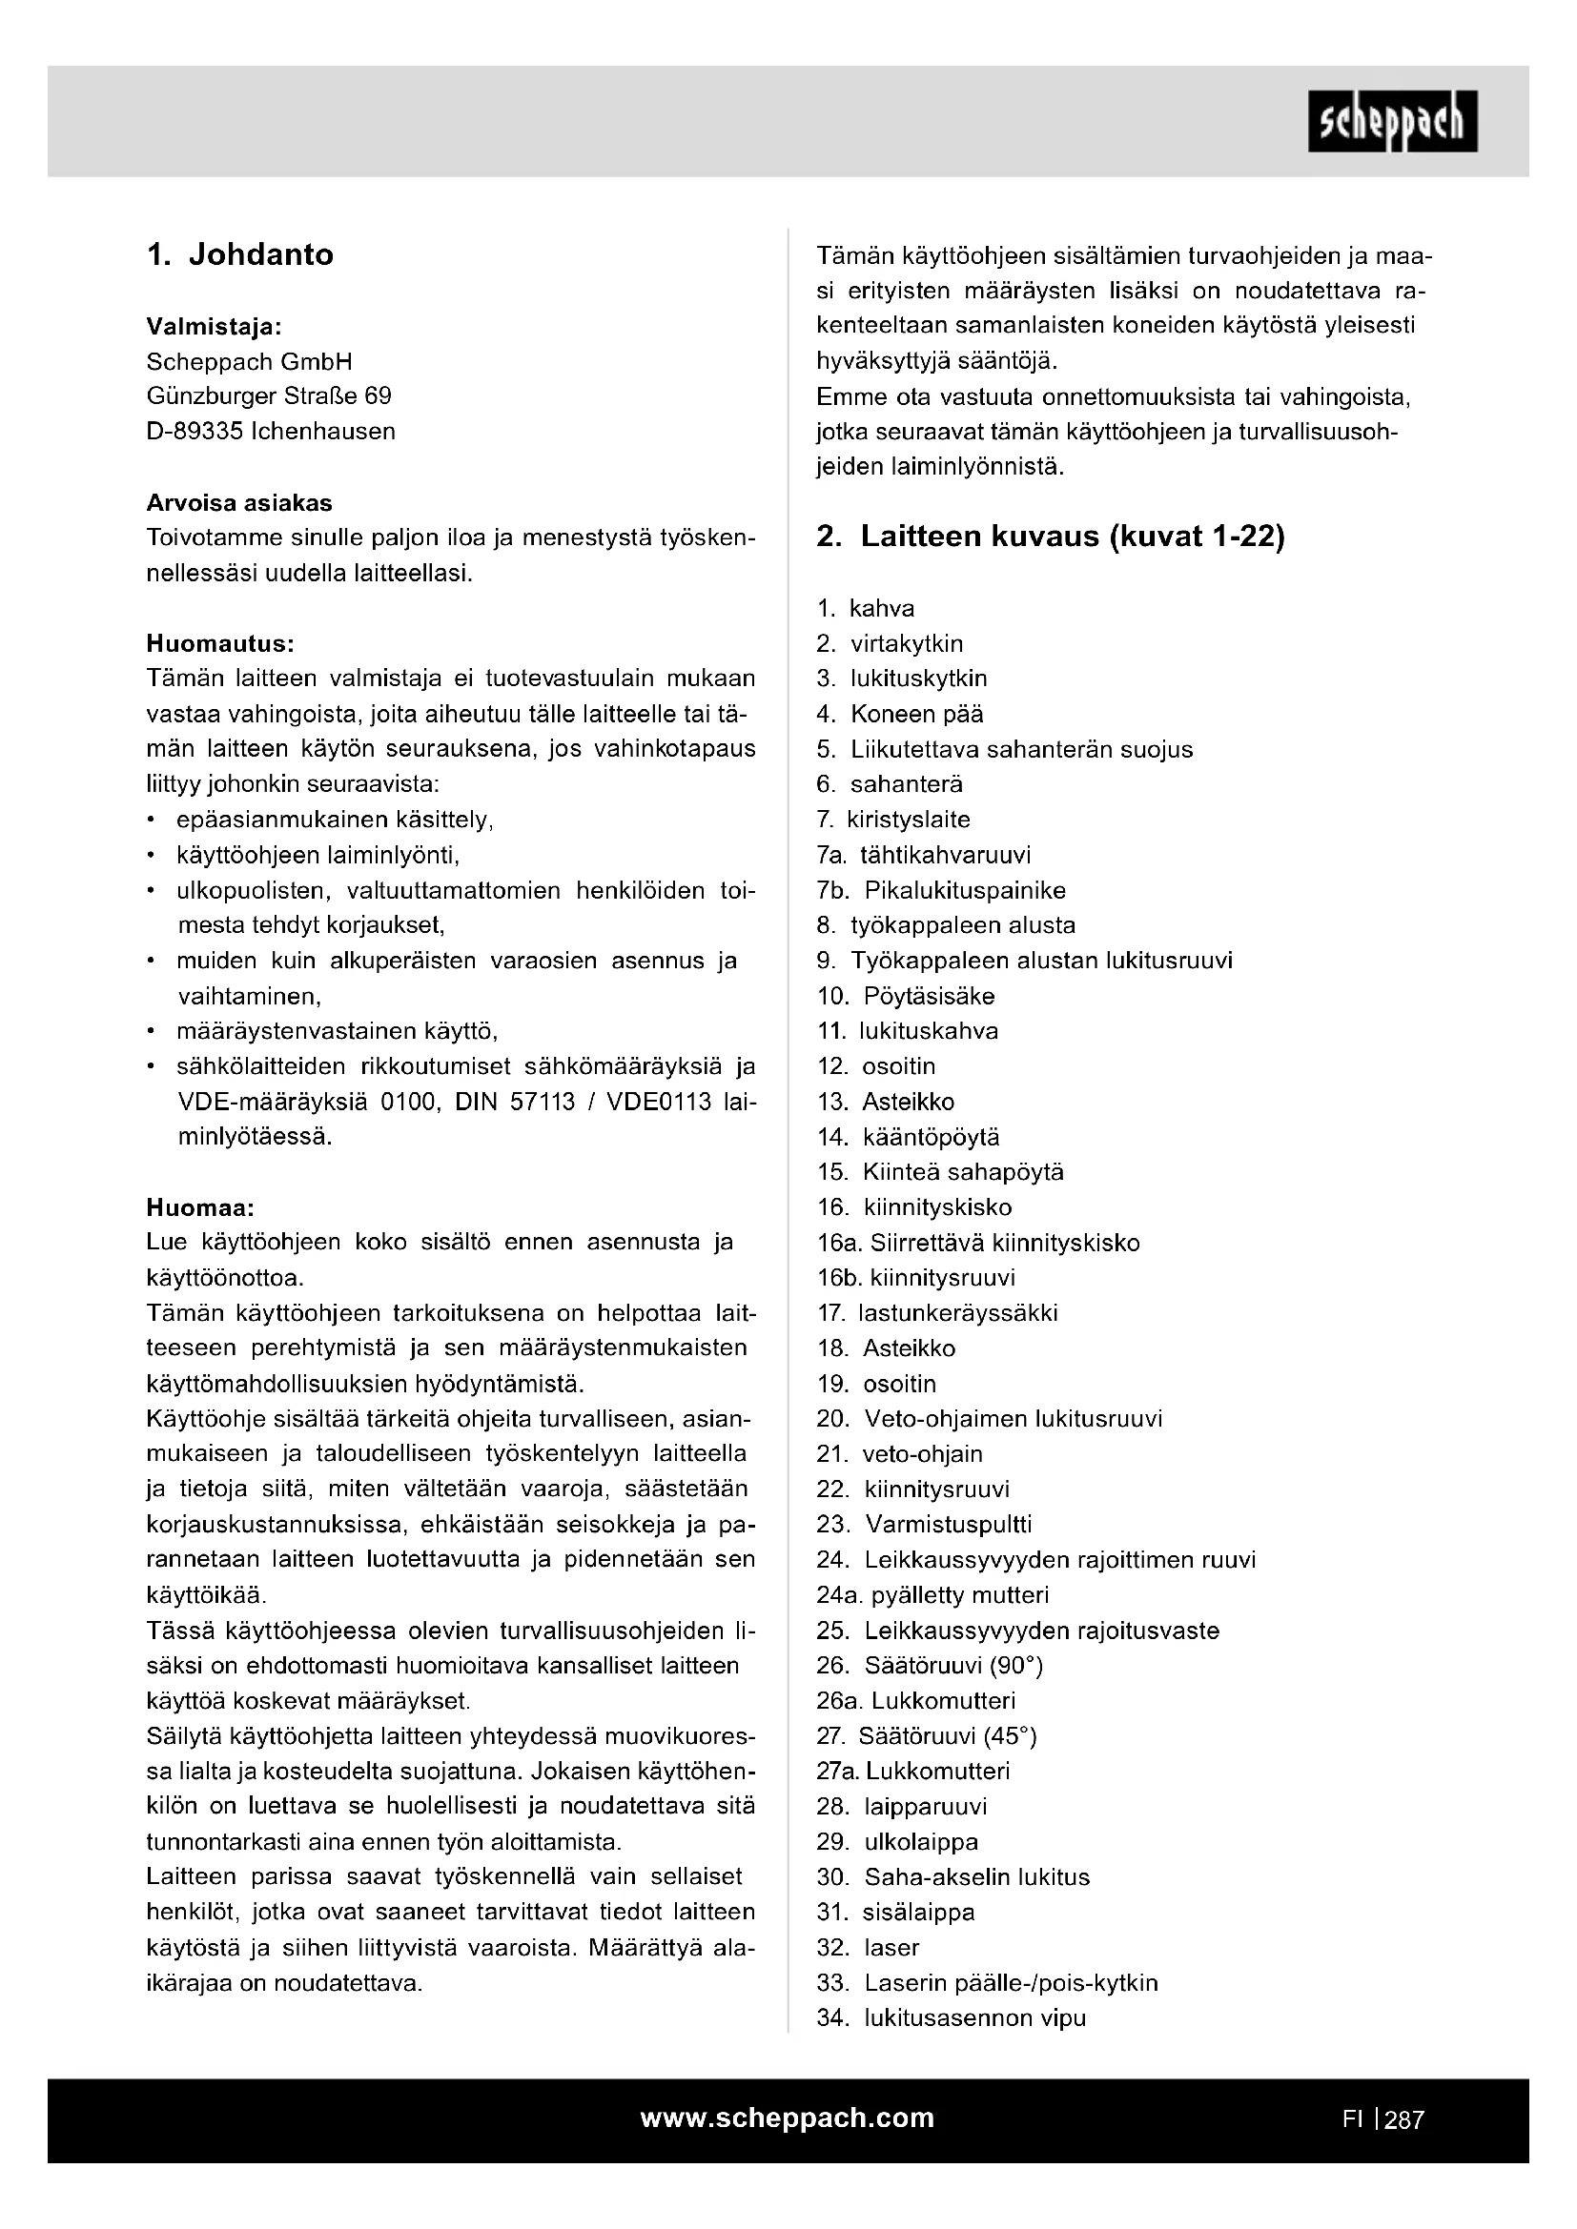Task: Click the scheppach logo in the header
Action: click(x=1392, y=121)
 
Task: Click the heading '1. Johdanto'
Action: click(x=240, y=254)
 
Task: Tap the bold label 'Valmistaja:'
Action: click(x=214, y=326)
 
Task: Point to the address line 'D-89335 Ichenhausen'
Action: click(x=271, y=431)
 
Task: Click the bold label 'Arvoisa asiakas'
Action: click(x=239, y=503)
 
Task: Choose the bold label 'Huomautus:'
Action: click(x=219, y=643)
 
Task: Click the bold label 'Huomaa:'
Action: click(x=200, y=1207)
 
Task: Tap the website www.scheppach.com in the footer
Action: click(x=787, y=2118)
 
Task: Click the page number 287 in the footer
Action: click(x=1404, y=2119)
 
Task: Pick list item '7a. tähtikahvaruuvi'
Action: click(x=924, y=854)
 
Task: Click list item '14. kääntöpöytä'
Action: click(x=908, y=1137)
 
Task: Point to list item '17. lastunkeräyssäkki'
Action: click(x=937, y=1313)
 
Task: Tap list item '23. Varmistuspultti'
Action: click(x=924, y=1524)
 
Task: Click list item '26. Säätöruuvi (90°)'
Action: click(x=930, y=1666)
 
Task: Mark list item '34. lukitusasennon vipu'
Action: click(x=951, y=2018)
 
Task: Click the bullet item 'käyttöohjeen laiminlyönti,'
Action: click(x=317, y=855)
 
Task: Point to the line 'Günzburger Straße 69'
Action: click(x=269, y=396)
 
